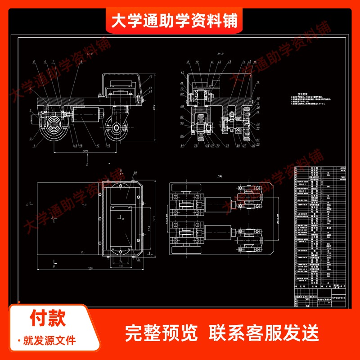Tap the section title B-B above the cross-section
tap(220, 53)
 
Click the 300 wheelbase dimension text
tap(85, 152)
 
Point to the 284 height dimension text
tap(153, 106)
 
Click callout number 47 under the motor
tap(97, 146)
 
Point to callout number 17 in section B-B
tap(258, 83)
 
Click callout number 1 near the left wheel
tap(34, 145)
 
